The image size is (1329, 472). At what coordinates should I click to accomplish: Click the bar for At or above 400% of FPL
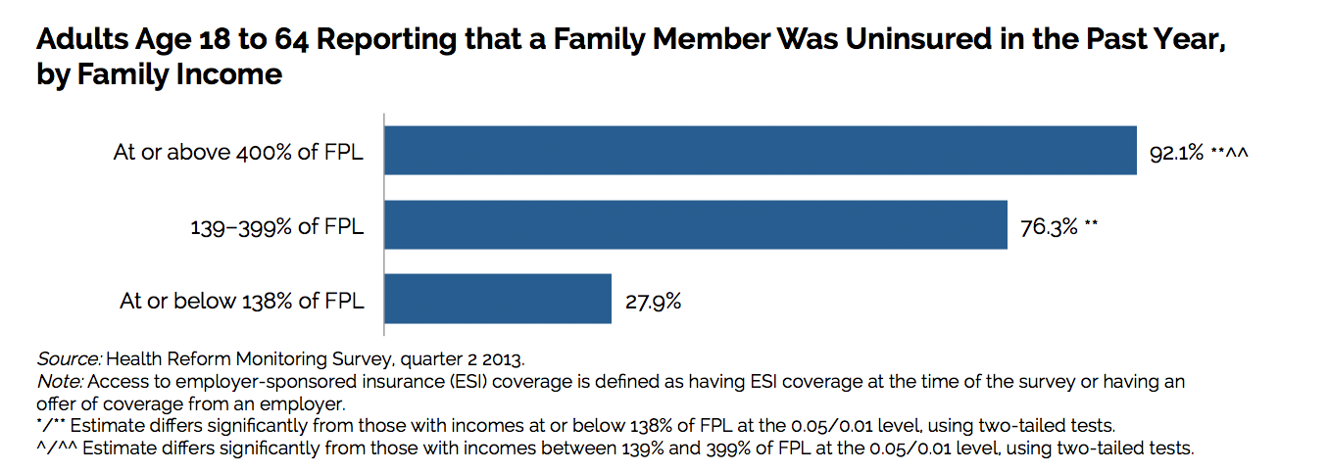coord(760,151)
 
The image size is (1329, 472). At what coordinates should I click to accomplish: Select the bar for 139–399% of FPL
coord(695,225)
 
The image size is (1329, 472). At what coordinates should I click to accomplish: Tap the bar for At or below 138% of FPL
coord(498,299)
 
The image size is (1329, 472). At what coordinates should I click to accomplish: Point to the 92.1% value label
coord(1176,154)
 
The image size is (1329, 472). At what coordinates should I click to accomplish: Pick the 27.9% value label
coord(653,302)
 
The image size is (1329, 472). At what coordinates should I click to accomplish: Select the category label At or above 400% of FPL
coord(238,153)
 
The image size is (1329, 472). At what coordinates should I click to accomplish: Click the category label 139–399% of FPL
coord(276,227)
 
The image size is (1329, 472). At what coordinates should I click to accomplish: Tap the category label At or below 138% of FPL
coord(242,301)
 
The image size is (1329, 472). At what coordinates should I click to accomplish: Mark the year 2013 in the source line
coord(517,358)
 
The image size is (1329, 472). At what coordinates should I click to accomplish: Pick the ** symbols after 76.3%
coord(1091,227)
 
